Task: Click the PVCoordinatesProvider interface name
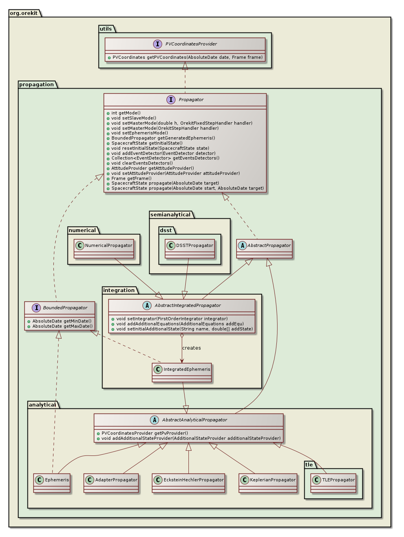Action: coord(191,44)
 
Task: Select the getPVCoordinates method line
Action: coord(187,57)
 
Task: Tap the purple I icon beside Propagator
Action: coord(171,100)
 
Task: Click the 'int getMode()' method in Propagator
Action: coord(126,113)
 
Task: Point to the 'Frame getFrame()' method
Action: coord(131,178)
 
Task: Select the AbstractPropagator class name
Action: coord(269,245)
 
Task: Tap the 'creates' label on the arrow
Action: coord(192,348)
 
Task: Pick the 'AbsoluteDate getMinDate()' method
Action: coord(62,321)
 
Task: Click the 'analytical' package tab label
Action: coord(42,405)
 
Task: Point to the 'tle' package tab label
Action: coord(309,464)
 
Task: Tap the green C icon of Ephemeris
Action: coord(39,480)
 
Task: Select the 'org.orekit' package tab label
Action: coord(24,13)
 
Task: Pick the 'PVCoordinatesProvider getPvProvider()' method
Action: coord(145,433)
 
